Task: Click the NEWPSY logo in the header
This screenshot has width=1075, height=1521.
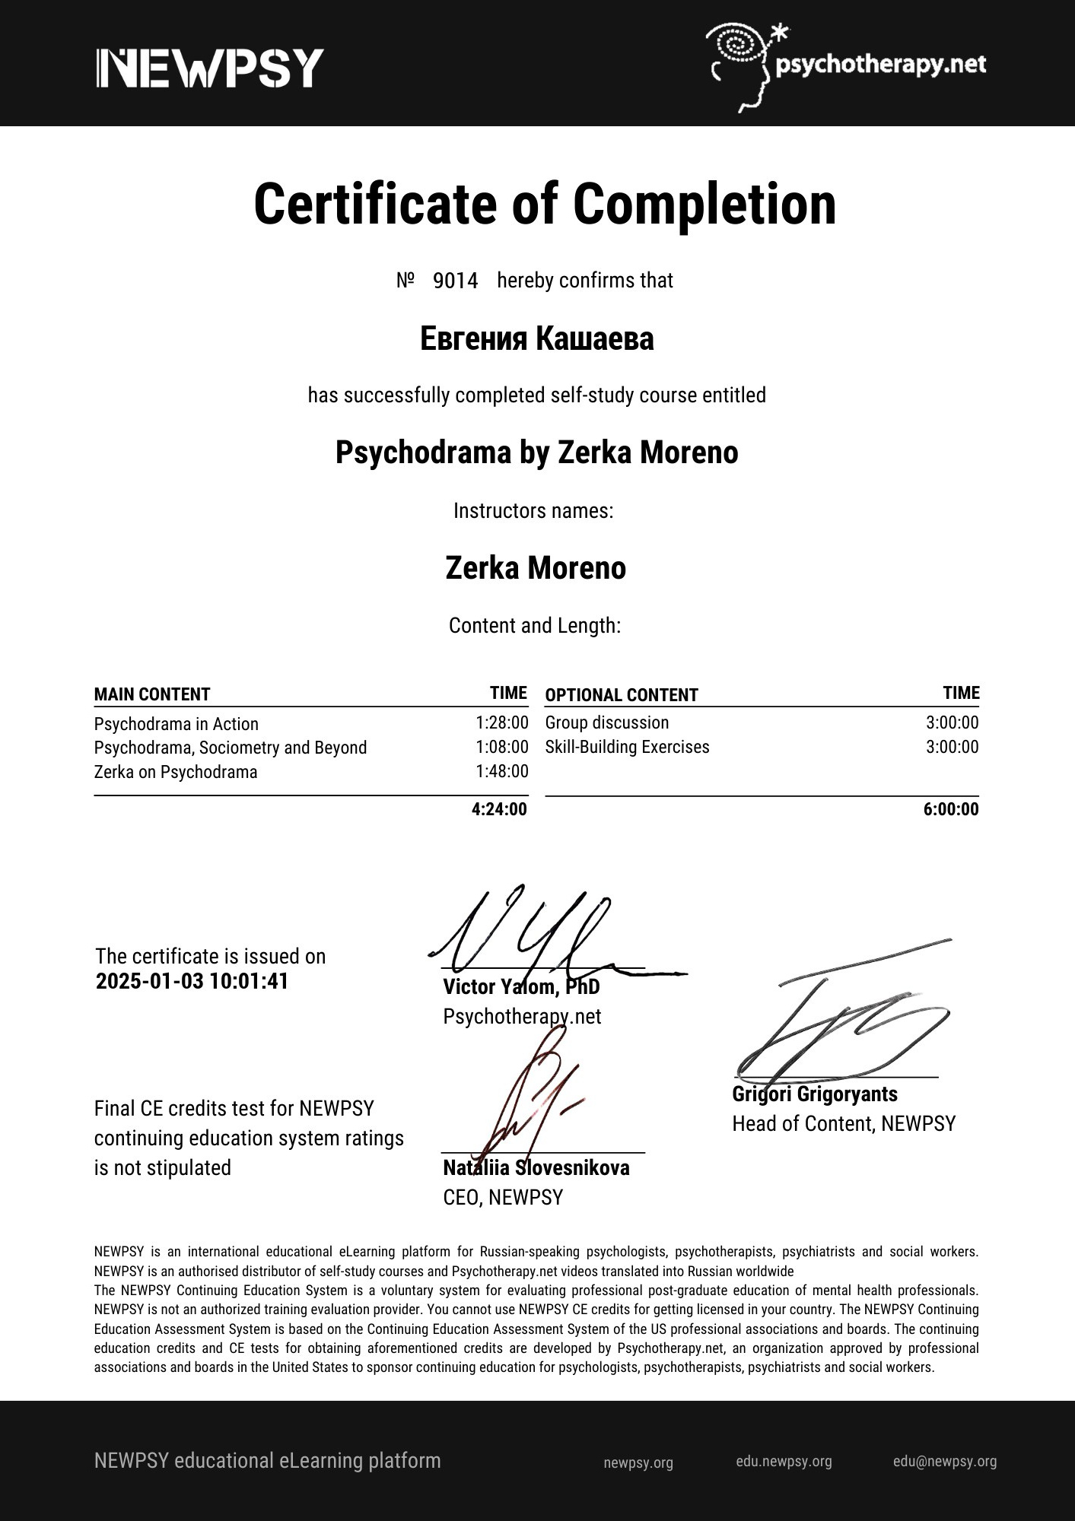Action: (x=210, y=68)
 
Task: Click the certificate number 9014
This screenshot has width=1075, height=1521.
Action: (x=455, y=281)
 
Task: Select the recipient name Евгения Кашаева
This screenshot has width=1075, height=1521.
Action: (x=536, y=339)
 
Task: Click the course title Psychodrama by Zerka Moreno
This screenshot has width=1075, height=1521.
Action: (x=536, y=453)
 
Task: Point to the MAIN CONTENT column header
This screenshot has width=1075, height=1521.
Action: (x=152, y=694)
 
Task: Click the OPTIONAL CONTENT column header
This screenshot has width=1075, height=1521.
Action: (x=621, y=695)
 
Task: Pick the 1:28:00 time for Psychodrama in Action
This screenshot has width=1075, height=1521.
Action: (x=501, y=722)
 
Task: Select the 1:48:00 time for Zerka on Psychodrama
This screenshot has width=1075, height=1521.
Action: (x=501, y=771)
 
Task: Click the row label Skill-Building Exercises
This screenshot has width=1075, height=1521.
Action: (x=627, y=747)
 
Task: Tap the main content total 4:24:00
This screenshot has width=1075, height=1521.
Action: (x=499, y=808)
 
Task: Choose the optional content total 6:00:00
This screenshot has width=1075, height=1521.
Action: (x=951, y=808)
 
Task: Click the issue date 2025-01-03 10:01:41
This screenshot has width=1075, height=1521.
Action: (x=192, y=981)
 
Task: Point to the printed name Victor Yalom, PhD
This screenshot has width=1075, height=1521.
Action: (x=521, y=987)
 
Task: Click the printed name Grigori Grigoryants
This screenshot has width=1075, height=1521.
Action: (x=814, y=1094)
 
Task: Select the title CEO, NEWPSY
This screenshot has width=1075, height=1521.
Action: (x=503, y=1197)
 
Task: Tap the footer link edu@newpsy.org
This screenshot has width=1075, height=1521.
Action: (x=944, y=1461)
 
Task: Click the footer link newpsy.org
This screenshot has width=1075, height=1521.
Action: (x=638, y=1462)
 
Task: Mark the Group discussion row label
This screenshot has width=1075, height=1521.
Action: (x=607, y=722)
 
